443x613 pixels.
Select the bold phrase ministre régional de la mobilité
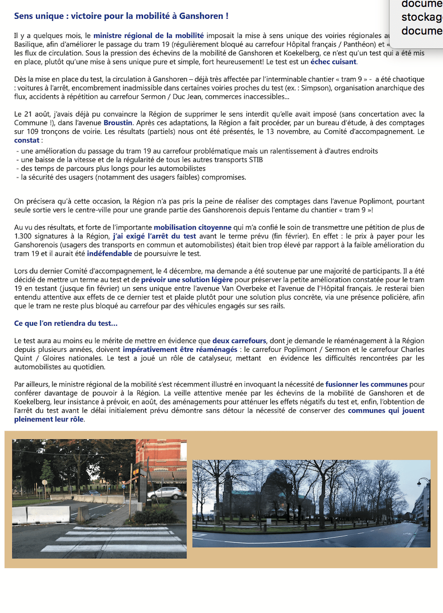[x=148, y=36]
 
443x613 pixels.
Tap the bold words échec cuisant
[x=333, y=62]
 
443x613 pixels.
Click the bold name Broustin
[x=118, y=122]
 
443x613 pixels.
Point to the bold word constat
[x=27, y=140]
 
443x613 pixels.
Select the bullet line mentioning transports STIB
[x=139, y=160]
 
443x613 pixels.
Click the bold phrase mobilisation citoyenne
[x=192, y=228]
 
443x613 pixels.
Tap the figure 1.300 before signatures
[x=24, y=236]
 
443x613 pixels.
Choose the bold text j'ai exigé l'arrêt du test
[x=154, y=236]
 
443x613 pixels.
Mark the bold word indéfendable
[x=109, y=254]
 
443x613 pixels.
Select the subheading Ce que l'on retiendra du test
[x=66, y=324]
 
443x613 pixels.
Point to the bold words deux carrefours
[x=239, y=341]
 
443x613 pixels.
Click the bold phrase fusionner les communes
[x=366, y=384]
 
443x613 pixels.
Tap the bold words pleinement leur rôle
[x=49, y=420]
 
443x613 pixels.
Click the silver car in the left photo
[x=167, y=493]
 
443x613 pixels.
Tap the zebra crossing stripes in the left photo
[x=114, y=539]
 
